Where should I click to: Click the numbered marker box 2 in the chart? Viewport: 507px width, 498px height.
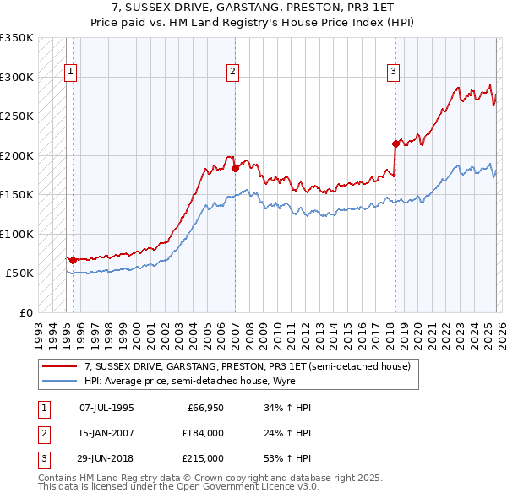click(x=232, y=73)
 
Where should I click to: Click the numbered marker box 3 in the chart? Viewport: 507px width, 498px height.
click(x=393, y=73)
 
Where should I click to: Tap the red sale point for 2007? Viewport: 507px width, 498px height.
click(x=235, y=168)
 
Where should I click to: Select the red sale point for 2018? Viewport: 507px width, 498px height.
click(x=395, y=143)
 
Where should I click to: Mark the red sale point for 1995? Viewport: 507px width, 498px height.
click(x=73, y=260)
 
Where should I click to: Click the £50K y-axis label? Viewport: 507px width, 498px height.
click(x=19, y=273)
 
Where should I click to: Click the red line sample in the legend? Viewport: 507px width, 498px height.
click(x=60, y=366)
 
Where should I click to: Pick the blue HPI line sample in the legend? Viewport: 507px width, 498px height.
click(x=60, y=381)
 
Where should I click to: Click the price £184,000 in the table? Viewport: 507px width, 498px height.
click(x=203, y=433)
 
